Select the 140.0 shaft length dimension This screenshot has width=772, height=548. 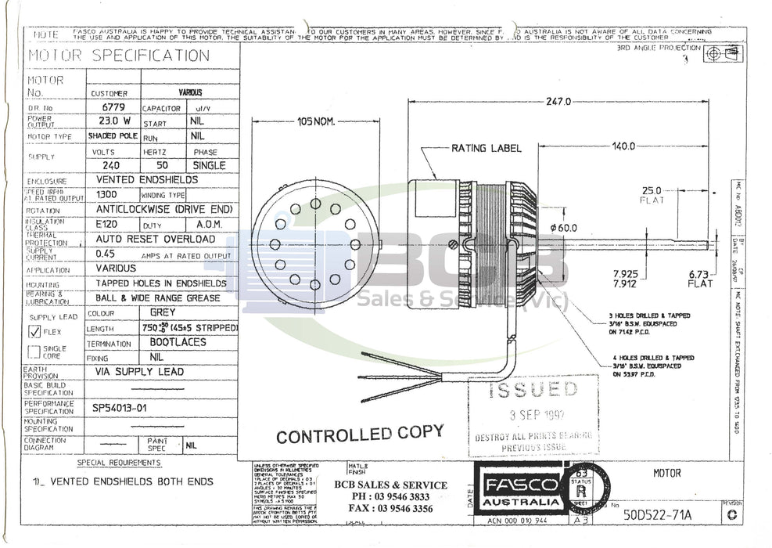pyautogui.click(x=623, y=146)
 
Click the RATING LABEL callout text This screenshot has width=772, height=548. pyautogui.click(x=479, y=148)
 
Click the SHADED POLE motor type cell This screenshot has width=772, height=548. pyautogui.click(x=113, y=135)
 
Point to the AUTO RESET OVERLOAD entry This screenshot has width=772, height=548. pyautogui.click(x=155, y=238)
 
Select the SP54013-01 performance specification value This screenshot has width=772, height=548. pyautogui.click(x=120, y=408)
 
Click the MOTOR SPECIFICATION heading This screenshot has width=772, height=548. pyautogui.click(x=119, y=56)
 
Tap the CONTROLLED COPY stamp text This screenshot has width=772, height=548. pyautogui.click(x=359, y=434)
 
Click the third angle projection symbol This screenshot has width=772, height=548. pyautogui.click(x=721, y=53)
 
